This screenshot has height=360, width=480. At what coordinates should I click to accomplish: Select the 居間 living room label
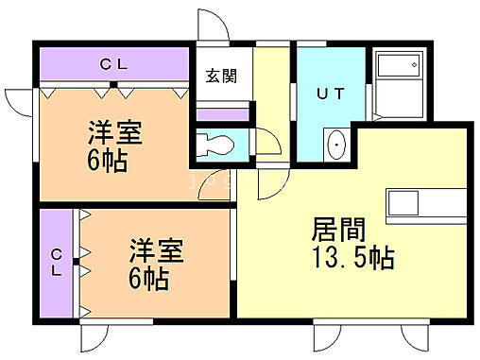tap(337, 230)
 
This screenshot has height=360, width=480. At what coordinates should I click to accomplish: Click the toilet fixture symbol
tap(216, 146)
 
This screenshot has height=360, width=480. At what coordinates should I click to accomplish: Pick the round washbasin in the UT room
tap(336, 146)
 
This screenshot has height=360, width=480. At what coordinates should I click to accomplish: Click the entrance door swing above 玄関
tap(212, 26)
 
